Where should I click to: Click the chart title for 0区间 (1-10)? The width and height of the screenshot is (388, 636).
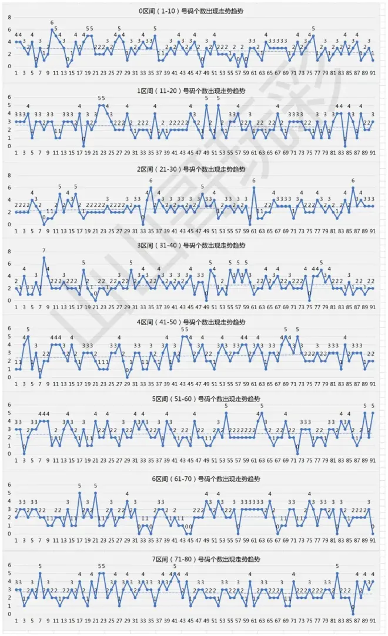(193, 11)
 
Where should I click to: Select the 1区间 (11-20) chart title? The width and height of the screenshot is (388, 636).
(193, 91)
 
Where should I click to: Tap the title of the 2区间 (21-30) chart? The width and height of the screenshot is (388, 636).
(193, 168)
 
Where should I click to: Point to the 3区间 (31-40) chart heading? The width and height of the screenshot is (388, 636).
(193, 245)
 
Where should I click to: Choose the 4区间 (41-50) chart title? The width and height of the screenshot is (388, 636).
(193, 322)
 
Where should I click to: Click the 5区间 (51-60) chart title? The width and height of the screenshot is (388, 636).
(193, 399)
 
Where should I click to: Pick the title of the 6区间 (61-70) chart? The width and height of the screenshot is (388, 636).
(193, 478)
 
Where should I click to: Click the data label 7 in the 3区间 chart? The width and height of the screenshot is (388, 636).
(44, 251)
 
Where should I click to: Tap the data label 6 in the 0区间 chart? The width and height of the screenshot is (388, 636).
(52, 23)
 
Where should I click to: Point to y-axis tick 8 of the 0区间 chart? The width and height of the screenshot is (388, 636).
(9, 17)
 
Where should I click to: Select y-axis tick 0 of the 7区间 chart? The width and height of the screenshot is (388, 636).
(9, 614)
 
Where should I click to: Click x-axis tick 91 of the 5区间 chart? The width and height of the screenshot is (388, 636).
(373, 462)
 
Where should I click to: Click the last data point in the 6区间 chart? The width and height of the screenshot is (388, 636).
(373, 534)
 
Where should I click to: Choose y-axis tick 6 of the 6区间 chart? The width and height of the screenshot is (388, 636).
(9, 485)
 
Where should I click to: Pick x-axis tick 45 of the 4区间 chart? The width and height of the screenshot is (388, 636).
(190, 385)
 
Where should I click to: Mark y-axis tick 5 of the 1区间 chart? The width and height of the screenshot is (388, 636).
(9, 105)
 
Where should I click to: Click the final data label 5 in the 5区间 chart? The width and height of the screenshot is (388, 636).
(373, 406)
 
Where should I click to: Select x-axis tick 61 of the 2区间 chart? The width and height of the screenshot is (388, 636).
(253, 231)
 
